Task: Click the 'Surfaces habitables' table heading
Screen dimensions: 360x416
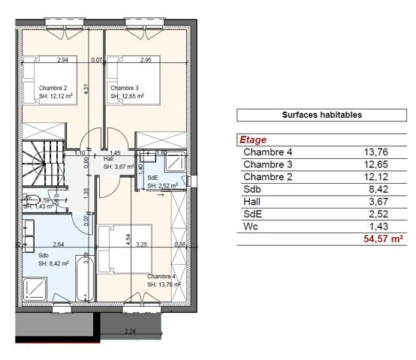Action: point(322,115)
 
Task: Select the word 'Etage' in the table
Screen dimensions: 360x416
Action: point(252,139)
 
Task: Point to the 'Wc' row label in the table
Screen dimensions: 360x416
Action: point(251,225)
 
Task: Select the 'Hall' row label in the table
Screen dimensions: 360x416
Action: point(253,201)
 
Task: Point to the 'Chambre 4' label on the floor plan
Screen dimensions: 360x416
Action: point(161,276)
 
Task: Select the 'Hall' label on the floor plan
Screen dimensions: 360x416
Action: point(108,159)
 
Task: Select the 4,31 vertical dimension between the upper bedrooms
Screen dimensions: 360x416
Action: point(87,88)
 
